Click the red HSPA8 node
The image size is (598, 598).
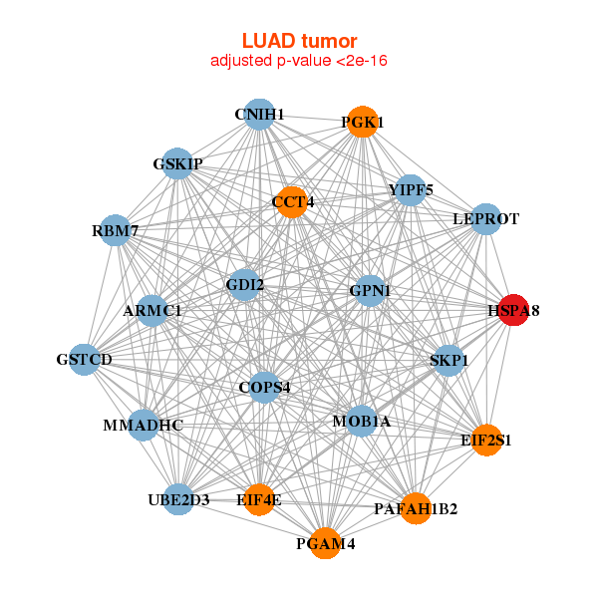[513, 310]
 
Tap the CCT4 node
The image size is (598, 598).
[292, 201]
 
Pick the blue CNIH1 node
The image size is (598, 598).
[259, 115]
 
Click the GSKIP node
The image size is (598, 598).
[177, 163]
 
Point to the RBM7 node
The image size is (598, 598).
[116, 231]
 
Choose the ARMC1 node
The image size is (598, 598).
[152, 311]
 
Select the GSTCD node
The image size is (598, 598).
[85, 359]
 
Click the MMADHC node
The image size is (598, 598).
[144, 426]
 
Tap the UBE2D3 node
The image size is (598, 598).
[178, 499]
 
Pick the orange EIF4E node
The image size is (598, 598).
[259, 499]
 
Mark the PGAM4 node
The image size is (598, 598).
[325, 543]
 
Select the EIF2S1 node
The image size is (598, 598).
[485, 439]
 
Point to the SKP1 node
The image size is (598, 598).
[449, 359]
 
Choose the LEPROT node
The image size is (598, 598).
[485, 218]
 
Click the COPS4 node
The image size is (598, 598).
[264, 386]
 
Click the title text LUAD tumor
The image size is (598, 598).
[299, 41]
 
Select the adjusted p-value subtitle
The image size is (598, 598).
[299, 61]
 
